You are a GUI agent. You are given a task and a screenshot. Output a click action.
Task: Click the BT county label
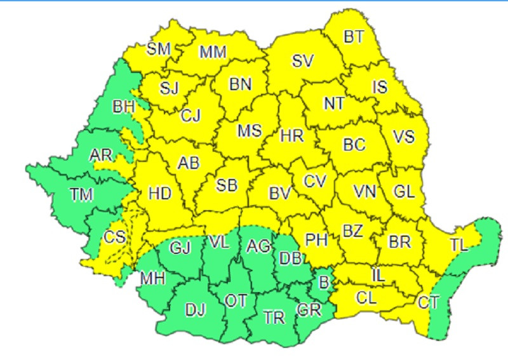point(354,37)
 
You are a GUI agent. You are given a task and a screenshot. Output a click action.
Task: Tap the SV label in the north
point(303,61)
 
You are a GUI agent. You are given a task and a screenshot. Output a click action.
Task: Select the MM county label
point(213,52)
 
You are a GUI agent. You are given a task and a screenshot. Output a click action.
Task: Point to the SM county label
point(158,48)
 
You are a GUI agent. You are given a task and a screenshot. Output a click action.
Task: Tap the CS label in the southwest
point(114,237)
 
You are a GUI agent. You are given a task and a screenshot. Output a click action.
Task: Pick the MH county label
point(153,278)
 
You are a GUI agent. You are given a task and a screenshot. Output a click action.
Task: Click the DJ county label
point(196,309)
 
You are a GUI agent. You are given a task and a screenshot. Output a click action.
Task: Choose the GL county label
point(404,190)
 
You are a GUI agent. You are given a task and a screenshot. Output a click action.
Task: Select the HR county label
point(292,136)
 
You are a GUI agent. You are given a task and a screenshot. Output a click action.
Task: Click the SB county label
point(227,185)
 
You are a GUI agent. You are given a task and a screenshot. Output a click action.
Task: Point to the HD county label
point(159,192)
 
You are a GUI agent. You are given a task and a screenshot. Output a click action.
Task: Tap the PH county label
point(316,240)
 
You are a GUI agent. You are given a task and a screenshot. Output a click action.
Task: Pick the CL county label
point(368,297)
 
